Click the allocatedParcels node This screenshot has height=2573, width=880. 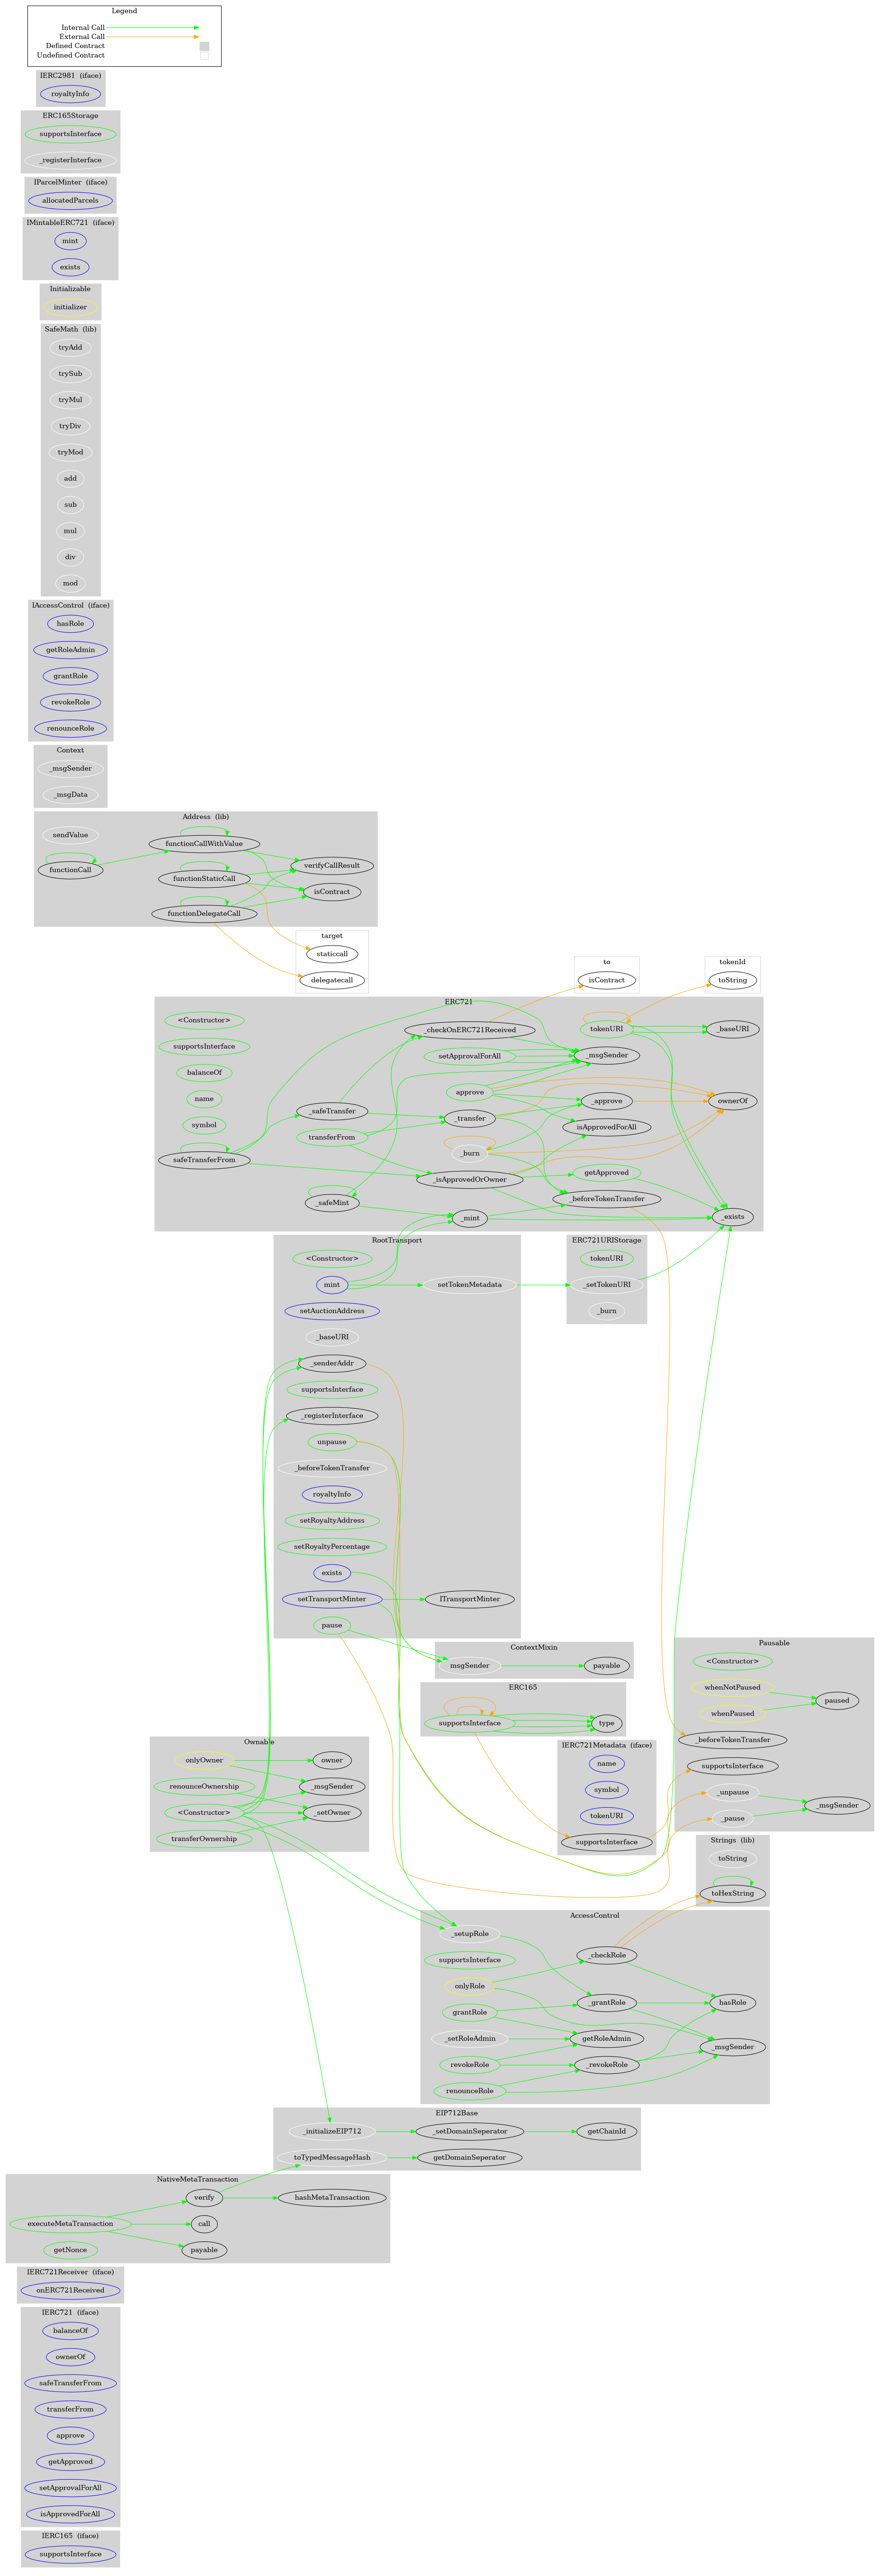point(70,200)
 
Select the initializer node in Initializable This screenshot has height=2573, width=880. point(70,307)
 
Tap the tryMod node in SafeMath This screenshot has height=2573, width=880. point(70,452)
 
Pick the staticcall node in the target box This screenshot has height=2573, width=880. point(332,954)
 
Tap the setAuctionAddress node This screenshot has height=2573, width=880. point(332,1311)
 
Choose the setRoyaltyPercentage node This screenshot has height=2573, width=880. point(332,1546)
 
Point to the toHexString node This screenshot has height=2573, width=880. point(732,1893)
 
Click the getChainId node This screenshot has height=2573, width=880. point(606,2131)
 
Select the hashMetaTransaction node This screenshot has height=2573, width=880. point(332,2198)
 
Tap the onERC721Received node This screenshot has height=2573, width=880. point(70,2289)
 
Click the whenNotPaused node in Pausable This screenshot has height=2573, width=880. point(732,1687)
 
